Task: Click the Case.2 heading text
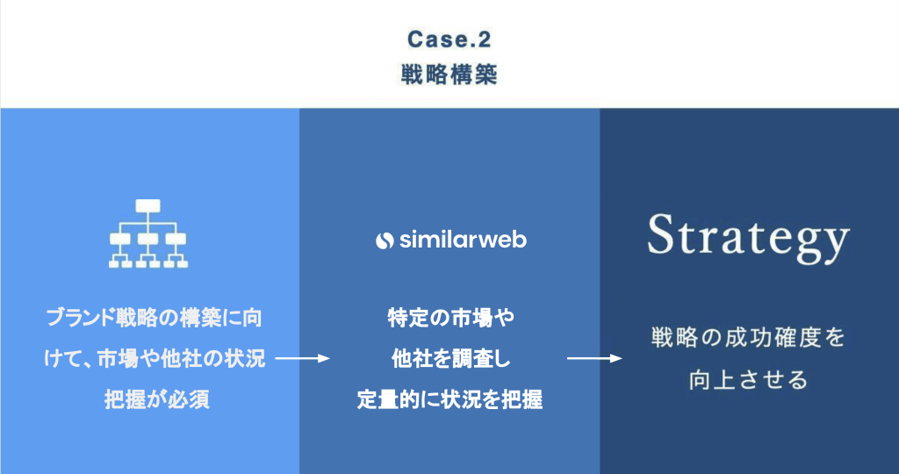tap(449, 39)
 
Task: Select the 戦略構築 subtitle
tap(449, 75)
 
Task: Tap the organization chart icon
tap(148, 233)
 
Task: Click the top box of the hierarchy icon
tap(148, 205)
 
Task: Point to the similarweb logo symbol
tap(385, 241)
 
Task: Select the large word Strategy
tap(748, 239)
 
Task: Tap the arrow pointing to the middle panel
tap(303, 359)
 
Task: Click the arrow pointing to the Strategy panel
tap(594, 359)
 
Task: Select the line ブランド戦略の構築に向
tap(154, 318)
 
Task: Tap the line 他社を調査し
tap(450, 359)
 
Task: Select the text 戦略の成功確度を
tap(748, 338)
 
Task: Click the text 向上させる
tap(748, 380)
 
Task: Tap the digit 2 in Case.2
tap(484, 39)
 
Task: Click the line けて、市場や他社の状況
tap(155, 359)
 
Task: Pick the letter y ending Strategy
tap(836, 245)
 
